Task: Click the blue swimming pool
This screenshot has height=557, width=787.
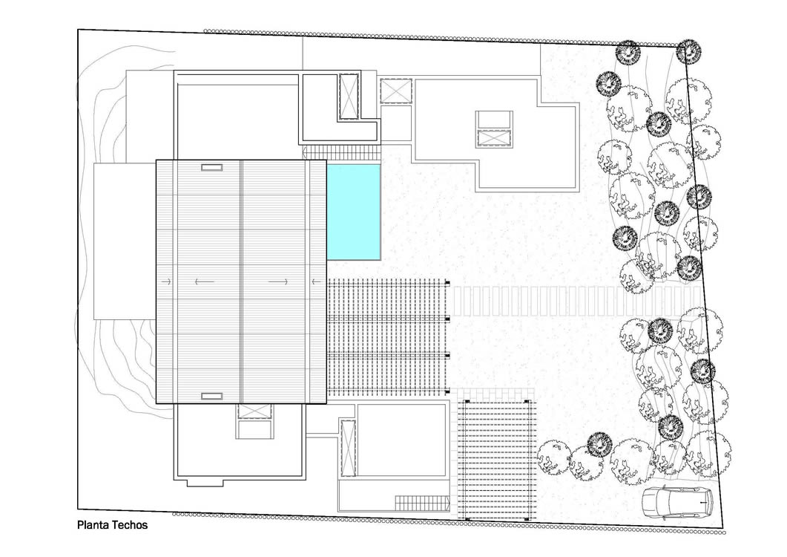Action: click(354, 212)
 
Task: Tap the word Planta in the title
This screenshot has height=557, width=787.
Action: click(93, 525)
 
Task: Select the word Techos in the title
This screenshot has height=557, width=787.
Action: click(131, 525)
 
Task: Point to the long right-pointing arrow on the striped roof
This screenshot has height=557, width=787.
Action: click(279, 282)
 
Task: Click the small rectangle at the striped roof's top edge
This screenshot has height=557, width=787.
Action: click(211, 168)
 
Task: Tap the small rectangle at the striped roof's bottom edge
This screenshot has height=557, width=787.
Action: click(211, 396)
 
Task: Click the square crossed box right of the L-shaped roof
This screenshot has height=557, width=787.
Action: click(395, 91)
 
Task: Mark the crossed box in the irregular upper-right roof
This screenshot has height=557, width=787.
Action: click(493, 138)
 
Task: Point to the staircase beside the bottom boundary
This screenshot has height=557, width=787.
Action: click(421, 503)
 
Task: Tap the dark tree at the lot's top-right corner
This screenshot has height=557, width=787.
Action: click(688, 51)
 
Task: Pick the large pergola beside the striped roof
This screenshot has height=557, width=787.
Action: click(388, 337)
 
